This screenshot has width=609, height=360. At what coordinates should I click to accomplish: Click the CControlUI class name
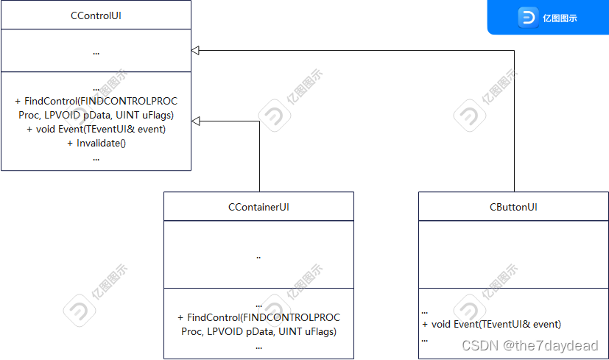(x=96, y=15)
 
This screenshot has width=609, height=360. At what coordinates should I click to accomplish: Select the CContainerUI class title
(x=258, y=207)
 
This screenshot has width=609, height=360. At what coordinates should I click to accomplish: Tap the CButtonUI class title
(x=513, y=207)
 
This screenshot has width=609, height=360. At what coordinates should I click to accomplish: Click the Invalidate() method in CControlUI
(x=96, y=143)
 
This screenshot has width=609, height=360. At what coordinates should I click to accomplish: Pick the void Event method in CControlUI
(x=96, y=129)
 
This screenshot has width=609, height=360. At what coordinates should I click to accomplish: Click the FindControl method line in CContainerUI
(x=258, y=317)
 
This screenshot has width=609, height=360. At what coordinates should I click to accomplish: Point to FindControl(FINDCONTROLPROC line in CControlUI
(x=96, y=101)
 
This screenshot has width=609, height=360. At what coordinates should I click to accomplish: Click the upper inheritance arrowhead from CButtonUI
(x=196, y=50)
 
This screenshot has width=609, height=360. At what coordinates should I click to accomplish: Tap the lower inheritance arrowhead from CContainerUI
(x=196, y=121)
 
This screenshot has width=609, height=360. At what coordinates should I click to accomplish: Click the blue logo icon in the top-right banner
(x=528, y=18)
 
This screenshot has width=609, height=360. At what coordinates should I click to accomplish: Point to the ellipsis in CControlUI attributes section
(x=96, y=52)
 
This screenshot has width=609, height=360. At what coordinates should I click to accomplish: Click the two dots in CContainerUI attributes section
(x=258, y=258)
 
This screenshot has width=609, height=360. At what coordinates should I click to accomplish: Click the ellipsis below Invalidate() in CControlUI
(x=96, y=158)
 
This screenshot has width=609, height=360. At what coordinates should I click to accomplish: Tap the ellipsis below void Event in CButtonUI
(x=425, y=339)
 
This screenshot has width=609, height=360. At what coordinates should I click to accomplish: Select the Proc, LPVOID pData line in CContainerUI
(x=258, y=331)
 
